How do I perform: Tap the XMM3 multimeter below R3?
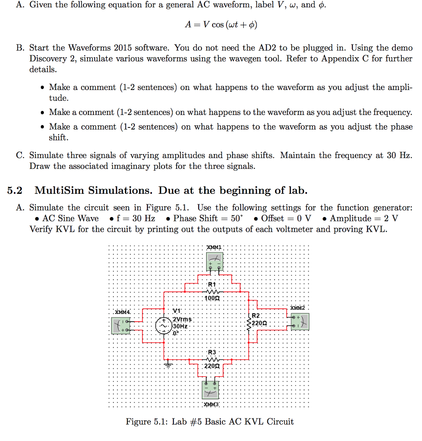211,390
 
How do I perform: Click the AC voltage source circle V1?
163,325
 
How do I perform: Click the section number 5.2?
16,190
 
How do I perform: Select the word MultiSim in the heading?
55,190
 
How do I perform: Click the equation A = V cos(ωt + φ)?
220,25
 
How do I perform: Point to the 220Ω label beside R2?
261,323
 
